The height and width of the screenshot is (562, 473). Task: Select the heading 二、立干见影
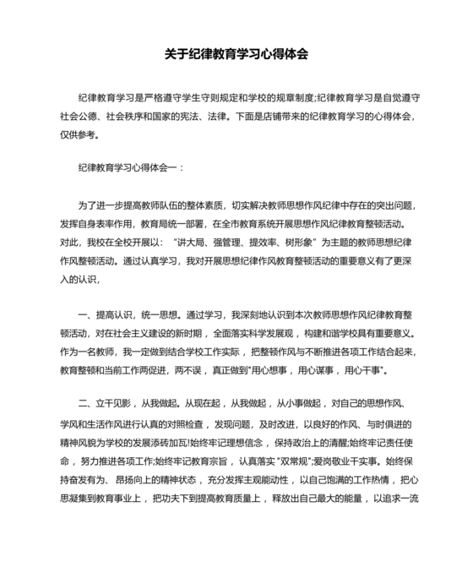pos(107,401)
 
